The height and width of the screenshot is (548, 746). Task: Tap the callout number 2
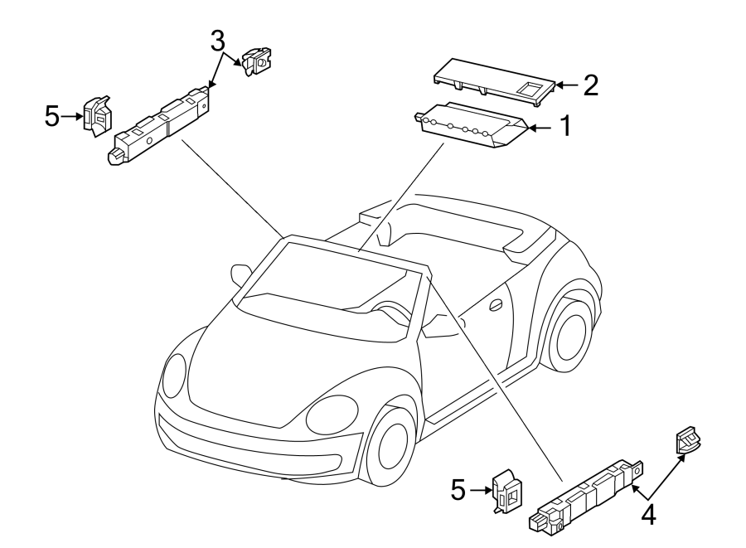(589, 85)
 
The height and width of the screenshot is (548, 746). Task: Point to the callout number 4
(648, 514)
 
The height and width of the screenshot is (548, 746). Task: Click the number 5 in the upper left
(52, 117)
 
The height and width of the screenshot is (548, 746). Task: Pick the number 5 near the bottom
(458, 490)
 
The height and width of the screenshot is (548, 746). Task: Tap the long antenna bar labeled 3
(161, 125)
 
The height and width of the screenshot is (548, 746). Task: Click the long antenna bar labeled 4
(584, 492)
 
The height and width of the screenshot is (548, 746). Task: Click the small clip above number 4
(687, 441)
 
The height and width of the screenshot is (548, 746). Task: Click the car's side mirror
(241, 274)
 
